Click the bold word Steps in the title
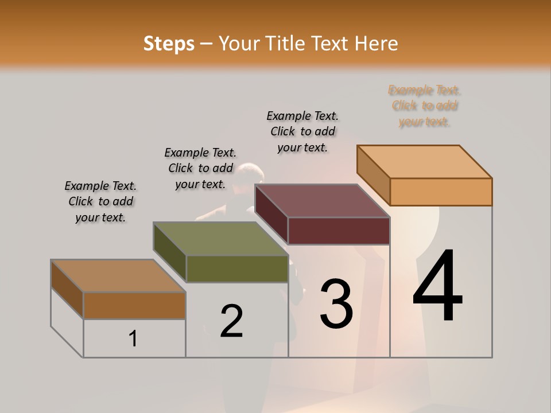(x=169, y=44)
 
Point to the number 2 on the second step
(x=231, y=321)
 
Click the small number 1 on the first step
(x=133, y=339)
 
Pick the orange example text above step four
(x=425, y=106)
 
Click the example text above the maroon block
(x=302, y=132)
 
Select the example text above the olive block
(x=200, y=168)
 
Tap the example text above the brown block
(x=100, y=201)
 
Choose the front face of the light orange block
(x=441, y=192)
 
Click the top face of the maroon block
(x=322, y=201)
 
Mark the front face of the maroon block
(x=339, y=231)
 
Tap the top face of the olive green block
(x=220, y=239)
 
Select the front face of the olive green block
(x=237, y=268)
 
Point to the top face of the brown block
(x=118, y=276)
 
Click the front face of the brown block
(x=134, y=305)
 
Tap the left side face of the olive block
(x=170, y=252)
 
